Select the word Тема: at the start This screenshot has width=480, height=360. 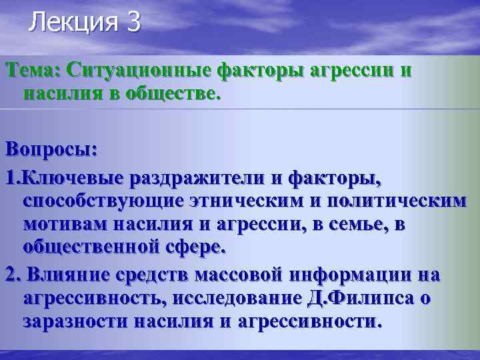coord(32,70)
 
